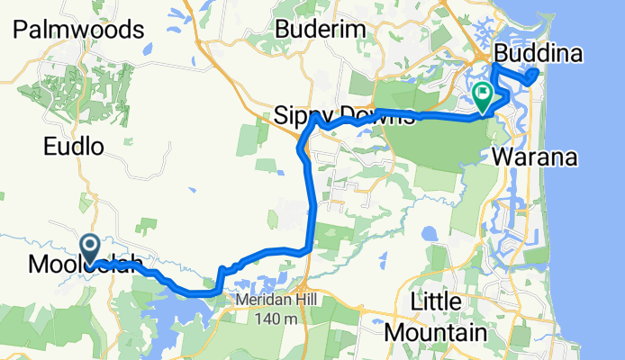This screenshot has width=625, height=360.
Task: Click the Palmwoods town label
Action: tap(79, 30)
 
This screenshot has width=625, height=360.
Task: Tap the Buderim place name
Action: tap(322, 30)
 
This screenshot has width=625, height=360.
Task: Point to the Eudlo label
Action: tap(76, 146)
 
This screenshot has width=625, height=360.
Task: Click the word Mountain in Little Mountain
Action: tap(436, 332)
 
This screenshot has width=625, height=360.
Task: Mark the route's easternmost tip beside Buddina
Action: tap(538, 73)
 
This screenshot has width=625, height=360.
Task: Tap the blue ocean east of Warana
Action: tap(594, 180)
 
